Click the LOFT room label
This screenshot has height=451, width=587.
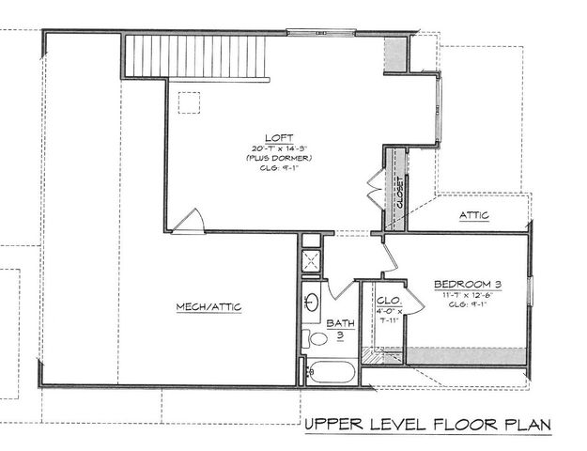tap(271, 135)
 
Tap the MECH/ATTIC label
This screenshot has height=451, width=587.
tap(209, 307)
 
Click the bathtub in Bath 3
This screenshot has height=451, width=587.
tap(331, 371)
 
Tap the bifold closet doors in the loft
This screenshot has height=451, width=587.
tap(377, 191)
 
